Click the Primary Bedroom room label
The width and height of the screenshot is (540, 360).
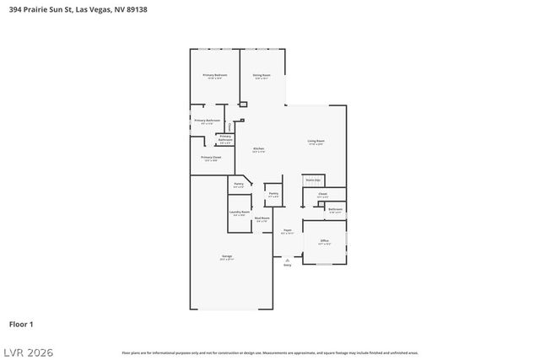click(x=214, y=76)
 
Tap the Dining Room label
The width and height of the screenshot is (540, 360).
click(x=262, y=76)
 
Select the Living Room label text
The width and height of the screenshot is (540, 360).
click(x=316, y=141)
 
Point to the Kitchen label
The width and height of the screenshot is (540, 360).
click(x=259, y=149)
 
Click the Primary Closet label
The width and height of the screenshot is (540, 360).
click(x=211, y=157)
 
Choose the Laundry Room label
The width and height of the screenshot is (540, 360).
click(x=240, y=212)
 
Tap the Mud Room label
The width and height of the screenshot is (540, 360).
click(x=262, y=218)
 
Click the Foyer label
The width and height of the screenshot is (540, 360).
click(x=287, y=230)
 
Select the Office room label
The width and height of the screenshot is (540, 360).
click(x=324, y=241)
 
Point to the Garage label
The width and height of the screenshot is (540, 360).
click(x=227, y=255)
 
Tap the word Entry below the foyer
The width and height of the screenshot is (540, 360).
click(x=287, y=266)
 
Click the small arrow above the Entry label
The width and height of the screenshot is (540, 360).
click(x=287, y=261)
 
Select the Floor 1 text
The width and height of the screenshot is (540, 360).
click(x=21, y=323)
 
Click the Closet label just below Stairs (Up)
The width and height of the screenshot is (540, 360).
click(x=322, y=194)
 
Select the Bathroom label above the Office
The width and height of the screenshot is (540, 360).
click(x=335, y=209)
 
